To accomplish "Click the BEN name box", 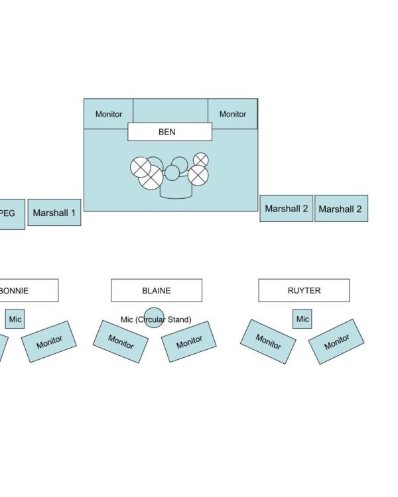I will [169, 132].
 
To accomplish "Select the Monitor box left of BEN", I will [108, 114].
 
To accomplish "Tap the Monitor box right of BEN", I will [232, 114].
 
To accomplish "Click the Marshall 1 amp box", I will [54, 213].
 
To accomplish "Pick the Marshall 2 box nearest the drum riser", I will [286, 209].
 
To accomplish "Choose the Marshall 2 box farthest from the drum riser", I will [340, 209].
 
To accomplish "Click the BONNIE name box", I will [27, 290].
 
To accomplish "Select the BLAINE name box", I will [156, 290].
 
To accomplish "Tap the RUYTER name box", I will [304, 290].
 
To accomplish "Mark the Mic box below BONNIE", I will [15, 319].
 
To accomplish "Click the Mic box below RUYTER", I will [302, 319].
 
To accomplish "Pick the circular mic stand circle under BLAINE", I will [154, 318].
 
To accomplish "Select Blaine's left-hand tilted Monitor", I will [121, 341].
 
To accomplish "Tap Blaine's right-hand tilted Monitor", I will [189, 341].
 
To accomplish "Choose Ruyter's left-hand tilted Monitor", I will [268, 341].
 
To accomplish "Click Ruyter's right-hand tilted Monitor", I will [336, 341].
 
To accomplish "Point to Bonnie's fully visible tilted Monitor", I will [49, 341].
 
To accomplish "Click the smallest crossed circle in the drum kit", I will [200, 160].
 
